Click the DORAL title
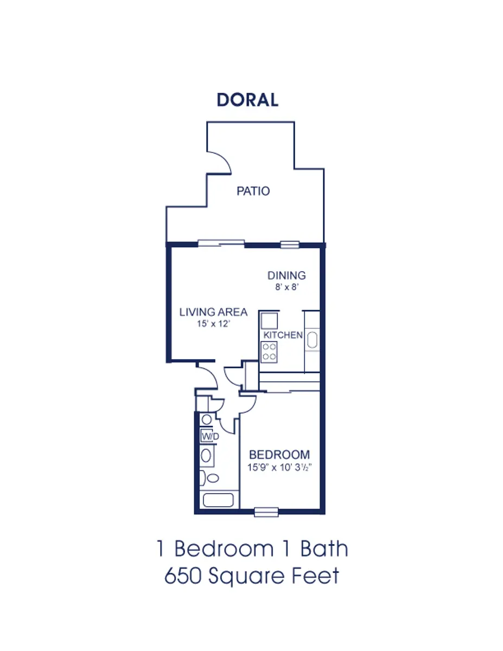pos(247,100)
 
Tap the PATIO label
pos(253,191)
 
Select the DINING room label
pos(286,276)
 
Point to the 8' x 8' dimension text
pos(287,287)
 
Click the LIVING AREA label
pos(213,312)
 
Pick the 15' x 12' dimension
pos(213,324)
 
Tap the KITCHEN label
pos(283,335)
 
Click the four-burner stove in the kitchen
pos(269,352)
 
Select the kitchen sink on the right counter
pos(312,340)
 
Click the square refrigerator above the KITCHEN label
pos(269,321)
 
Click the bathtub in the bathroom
pos(218,500)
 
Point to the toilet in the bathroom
pos(209,478)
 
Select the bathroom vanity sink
pos(206,456)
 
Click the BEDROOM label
pos(279,455)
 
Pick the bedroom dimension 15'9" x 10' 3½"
pos(279,468)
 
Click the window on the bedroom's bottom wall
pos(266,512)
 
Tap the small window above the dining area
pos(290,245)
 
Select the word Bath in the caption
pos(324,549)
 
